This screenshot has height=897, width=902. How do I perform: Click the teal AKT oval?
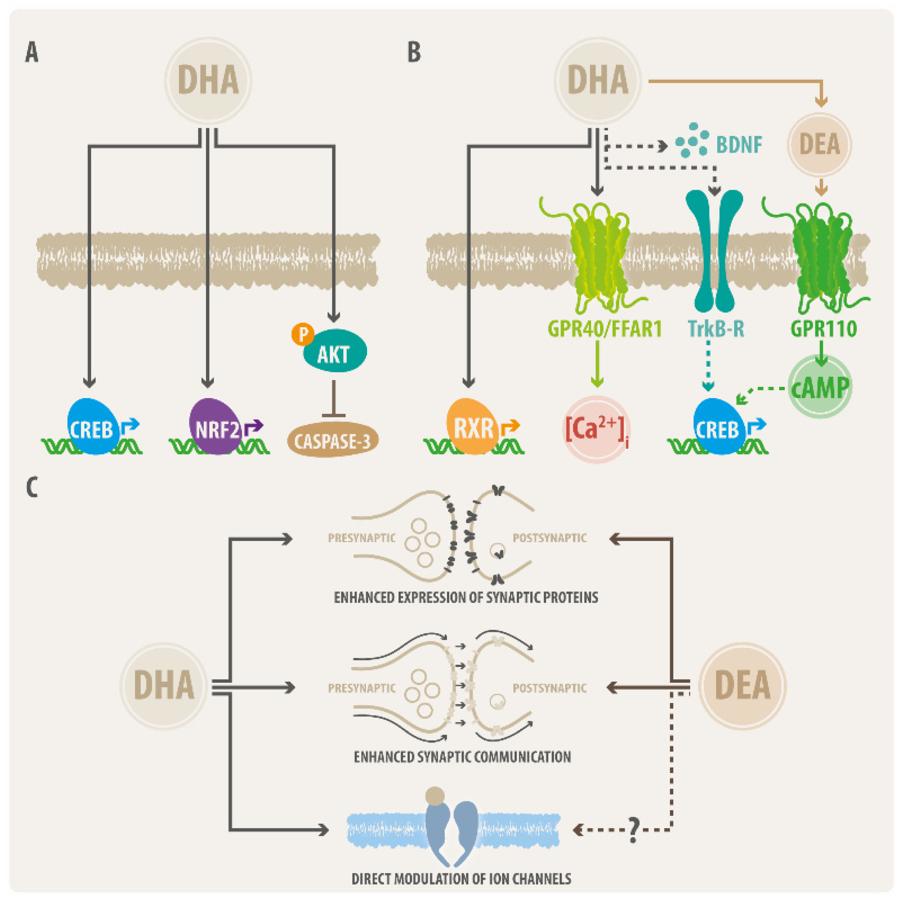click(335, 351)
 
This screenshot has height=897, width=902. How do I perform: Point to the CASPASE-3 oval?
click(332, 440)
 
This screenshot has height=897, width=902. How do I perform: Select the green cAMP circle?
click(820, 386)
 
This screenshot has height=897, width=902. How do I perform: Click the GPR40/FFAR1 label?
click(605, 329)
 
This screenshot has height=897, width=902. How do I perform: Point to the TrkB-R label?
click(716, 329)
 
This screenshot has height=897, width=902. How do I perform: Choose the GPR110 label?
click(823, 329)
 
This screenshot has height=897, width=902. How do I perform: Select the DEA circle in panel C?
click(742, 686)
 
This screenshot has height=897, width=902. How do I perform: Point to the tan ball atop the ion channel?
click(435, 796)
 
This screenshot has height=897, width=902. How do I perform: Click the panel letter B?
click(414, 52)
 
